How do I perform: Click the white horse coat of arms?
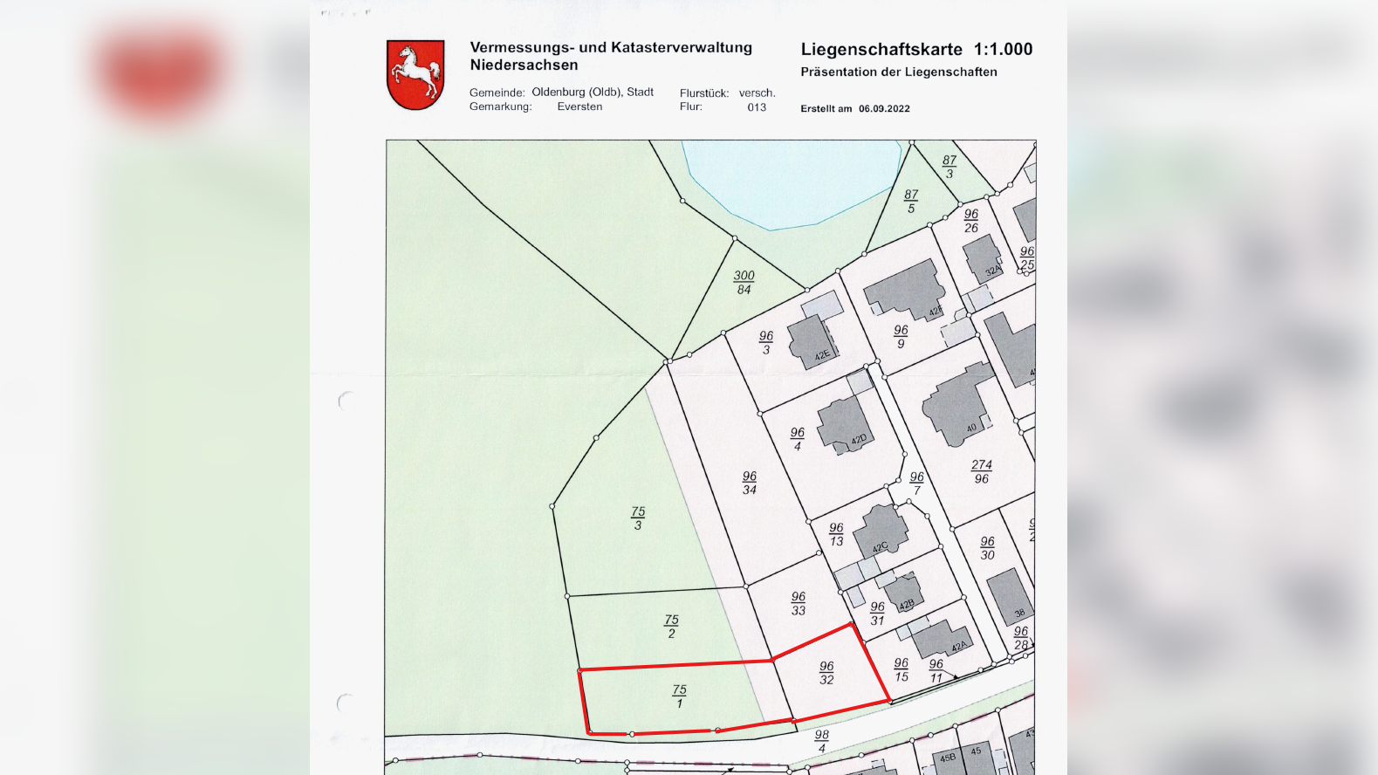(x=415, y=74)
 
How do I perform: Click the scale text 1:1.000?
(x=1003, y=50)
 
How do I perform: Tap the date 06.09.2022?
(x=884, y=109)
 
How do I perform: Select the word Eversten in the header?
(x=579, y=106)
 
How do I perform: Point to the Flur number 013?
(x=757, y=107)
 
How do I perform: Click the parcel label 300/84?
(x=744, y=282)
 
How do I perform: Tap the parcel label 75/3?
(x=638, y=518)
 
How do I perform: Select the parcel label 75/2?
(x=671, y=626)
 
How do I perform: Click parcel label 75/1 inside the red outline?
(x=679, y=696)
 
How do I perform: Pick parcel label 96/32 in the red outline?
(x=826, y=673)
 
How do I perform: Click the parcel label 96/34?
(x=750, y=483)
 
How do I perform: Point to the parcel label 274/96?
(x=981, y=471)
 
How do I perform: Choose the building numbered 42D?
(x=844, y=425)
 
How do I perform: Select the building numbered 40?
(x=958, y=408)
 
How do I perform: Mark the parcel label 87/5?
(x=911, y=202)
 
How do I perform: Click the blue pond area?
(x=790, y=179)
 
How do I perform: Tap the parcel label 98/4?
(x=821, y=741)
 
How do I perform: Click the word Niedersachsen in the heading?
(x=524, y=65)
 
